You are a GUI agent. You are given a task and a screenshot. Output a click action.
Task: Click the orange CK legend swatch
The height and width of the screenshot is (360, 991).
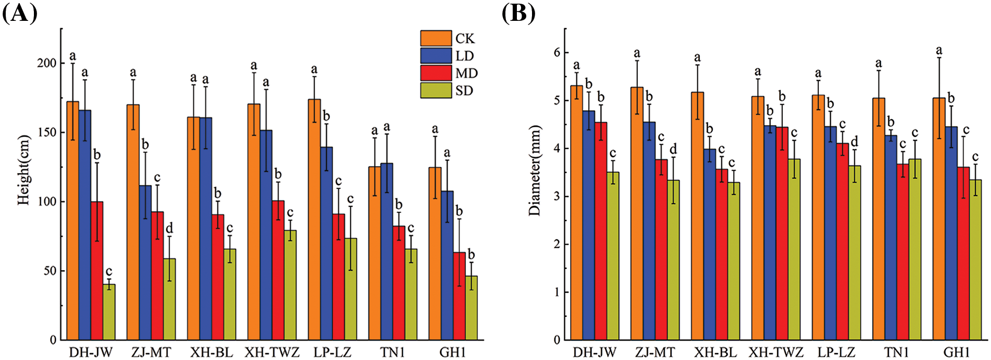[x=436, y=39]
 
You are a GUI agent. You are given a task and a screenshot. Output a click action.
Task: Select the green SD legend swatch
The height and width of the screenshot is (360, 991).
[x=436, y=91]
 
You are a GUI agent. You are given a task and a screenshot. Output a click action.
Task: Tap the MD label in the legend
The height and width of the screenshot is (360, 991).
[x=466, y=74]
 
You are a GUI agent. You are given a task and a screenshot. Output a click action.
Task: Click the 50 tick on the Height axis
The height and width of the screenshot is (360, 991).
[x=50, y=271]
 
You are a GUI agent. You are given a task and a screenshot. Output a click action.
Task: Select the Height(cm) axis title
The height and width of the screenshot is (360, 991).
[x=23, y=170]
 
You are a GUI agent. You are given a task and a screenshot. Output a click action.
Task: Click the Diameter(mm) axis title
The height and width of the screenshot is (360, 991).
[x=535, y=170]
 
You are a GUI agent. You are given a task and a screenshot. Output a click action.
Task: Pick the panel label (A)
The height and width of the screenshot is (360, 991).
[x=19, y=13]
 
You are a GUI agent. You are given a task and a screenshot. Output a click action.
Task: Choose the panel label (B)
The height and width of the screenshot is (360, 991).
[x=518, y=13]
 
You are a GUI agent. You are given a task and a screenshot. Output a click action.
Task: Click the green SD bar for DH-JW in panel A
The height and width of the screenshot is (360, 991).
[x=108, y=312]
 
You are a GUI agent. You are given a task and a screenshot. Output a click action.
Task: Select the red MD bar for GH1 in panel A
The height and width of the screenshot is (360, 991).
[x=459, y=296]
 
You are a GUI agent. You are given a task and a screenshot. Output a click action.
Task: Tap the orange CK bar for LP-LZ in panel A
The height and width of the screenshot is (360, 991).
[x=314, y=219]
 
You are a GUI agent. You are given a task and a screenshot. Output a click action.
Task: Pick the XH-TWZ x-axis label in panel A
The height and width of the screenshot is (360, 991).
[x=272, y=353]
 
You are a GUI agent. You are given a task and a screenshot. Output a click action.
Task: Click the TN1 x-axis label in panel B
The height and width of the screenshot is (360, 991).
[x=896, y=353]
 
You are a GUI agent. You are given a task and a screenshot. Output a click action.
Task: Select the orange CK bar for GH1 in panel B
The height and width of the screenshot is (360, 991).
[x=939, y=219]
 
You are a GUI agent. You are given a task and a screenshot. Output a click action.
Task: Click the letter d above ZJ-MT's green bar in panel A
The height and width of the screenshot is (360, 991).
[x=169, y=229]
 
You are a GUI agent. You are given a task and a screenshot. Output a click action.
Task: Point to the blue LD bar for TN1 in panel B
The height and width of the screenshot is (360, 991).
[x=891, y=237]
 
